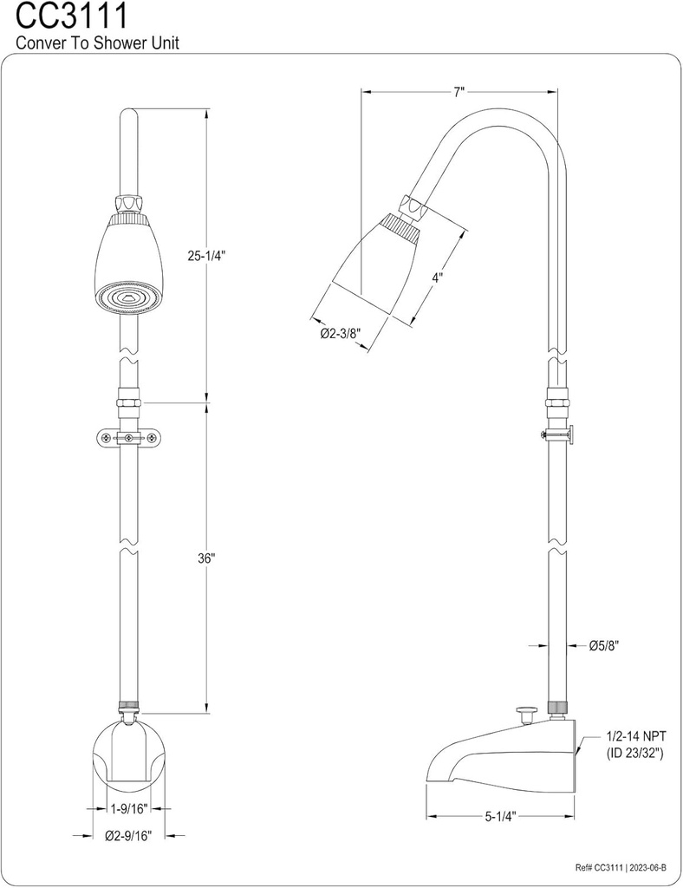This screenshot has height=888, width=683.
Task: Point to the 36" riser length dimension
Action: click(x=206, y=558)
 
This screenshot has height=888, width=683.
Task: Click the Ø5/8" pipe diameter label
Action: click(x=603, y=645)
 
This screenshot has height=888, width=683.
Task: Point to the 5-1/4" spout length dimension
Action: click(x=500, y=816)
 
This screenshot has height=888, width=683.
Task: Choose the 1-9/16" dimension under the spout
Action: click(x=128, y=808)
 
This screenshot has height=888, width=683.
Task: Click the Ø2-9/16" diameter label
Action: click(x=128, y=836)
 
